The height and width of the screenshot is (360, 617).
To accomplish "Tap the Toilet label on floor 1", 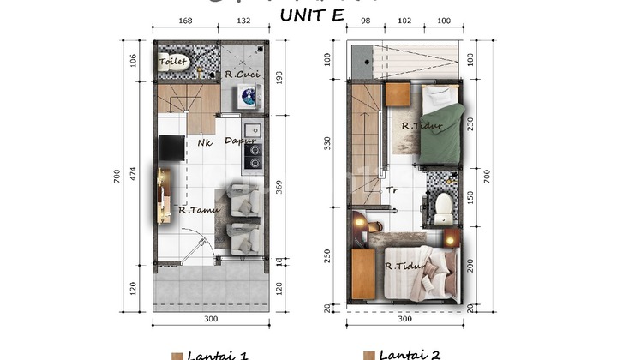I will coord(173,62).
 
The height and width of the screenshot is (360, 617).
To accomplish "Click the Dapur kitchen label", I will coord(241,141).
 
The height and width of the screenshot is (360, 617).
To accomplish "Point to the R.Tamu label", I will coord(199,209).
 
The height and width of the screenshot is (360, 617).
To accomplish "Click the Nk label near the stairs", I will coord(205,143).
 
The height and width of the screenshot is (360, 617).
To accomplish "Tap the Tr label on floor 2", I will coord(392,190).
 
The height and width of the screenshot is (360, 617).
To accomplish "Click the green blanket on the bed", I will coord(442,133).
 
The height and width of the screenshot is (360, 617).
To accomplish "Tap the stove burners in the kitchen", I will coord(254,154).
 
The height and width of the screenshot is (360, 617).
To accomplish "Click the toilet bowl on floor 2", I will coord(443,205).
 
